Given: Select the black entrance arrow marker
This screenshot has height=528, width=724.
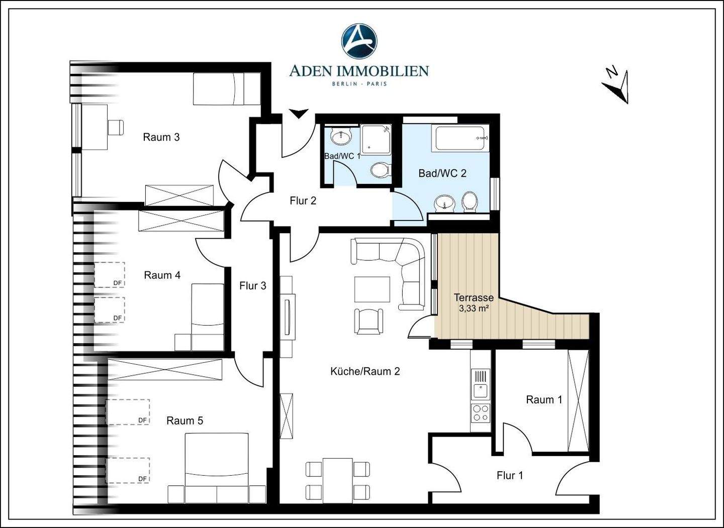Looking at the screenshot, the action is [298, 114].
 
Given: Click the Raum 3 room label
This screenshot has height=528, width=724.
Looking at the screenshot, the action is [161, 137].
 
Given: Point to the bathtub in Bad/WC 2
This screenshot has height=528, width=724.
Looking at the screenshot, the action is [460, 139].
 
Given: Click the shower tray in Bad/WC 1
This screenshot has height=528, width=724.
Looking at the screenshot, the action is [376, 139].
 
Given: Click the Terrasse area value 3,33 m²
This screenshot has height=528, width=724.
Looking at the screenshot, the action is [474, 308].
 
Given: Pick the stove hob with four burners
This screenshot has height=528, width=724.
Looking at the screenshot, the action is [480, 413].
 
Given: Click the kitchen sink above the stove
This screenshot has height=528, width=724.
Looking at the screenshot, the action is [481, 391].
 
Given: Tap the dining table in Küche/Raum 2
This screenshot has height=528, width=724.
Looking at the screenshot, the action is [338, 480].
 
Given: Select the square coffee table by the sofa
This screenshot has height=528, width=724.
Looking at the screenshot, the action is [372, 289].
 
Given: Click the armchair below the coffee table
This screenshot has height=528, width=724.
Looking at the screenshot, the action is [369, 322].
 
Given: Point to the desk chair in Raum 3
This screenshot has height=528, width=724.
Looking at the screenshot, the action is [116, 127].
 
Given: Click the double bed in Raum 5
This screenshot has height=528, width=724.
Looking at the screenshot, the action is [217, 468].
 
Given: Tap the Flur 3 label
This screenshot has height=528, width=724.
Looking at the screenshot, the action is [253, 286].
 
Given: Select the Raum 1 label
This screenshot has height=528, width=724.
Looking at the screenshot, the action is [545, 399].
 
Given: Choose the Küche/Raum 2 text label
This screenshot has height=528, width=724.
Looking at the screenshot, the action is [365, 371].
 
